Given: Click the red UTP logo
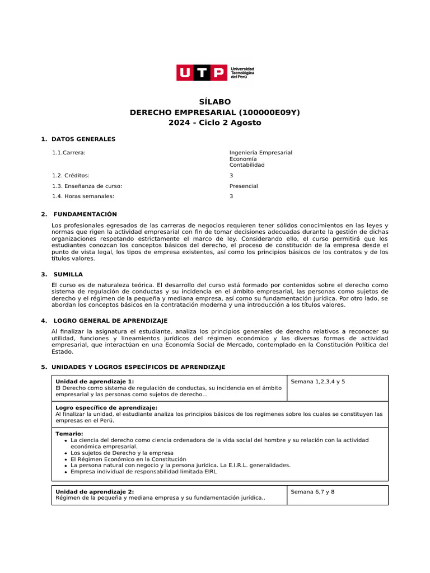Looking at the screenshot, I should pyautogui.click(x=202, y=73).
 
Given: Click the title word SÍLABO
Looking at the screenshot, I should pyautogui.click(x=215, y=102).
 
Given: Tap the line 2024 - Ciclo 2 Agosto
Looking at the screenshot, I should pyautogui.click(x=215, y=123).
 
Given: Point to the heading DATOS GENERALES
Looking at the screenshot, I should pyautogui.click(x=83, y=139).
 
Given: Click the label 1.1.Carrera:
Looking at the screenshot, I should pyautogui.click(x=69, y=152).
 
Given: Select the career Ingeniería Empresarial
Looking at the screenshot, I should pyautogui.click(x=261, y=152).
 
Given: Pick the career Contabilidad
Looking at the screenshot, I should pyautogui.click(x=247, y=165).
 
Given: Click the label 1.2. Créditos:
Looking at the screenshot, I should pyautogui.click(x=71, y=175).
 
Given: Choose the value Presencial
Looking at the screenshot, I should pyautogui.click(x=244, y=186).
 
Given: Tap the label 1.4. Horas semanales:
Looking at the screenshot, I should pyautogui.click(x=83, y=196).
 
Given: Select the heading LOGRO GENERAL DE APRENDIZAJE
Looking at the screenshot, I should pyautogui.click(x=110, y=321).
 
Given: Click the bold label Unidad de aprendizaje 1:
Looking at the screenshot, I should pyautogui.click(x=95, y=381).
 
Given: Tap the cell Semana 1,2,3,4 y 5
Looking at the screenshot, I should pyautogui.click(x=318, y=381).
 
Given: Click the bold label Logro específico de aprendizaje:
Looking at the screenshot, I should pyautogui.click(x=106, y=407).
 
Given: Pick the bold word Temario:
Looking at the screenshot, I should pyautogui.click(x=69, y=434).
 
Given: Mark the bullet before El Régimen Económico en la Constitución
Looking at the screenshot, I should pyautogui.click(x=66, y=459).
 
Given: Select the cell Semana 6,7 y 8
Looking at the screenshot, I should pyautogui.click(x=312, y=491).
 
